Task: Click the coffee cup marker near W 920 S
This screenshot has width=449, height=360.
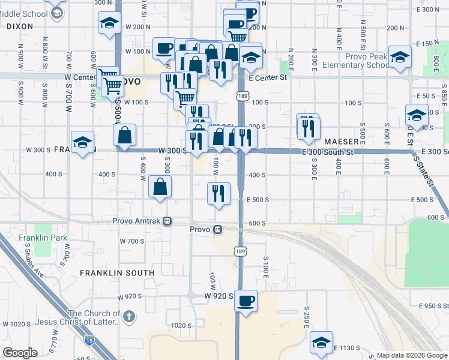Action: (245, 301)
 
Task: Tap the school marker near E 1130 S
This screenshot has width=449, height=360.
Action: (322, 342)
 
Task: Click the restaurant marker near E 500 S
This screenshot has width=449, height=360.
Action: (218, 193)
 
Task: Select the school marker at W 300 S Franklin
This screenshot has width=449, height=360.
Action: (83, 142)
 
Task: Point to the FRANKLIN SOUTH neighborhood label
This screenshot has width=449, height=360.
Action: (117, 273)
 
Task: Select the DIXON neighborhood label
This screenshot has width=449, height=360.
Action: (20, 26)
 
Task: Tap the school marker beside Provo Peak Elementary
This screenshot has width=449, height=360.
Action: (399, 58)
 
